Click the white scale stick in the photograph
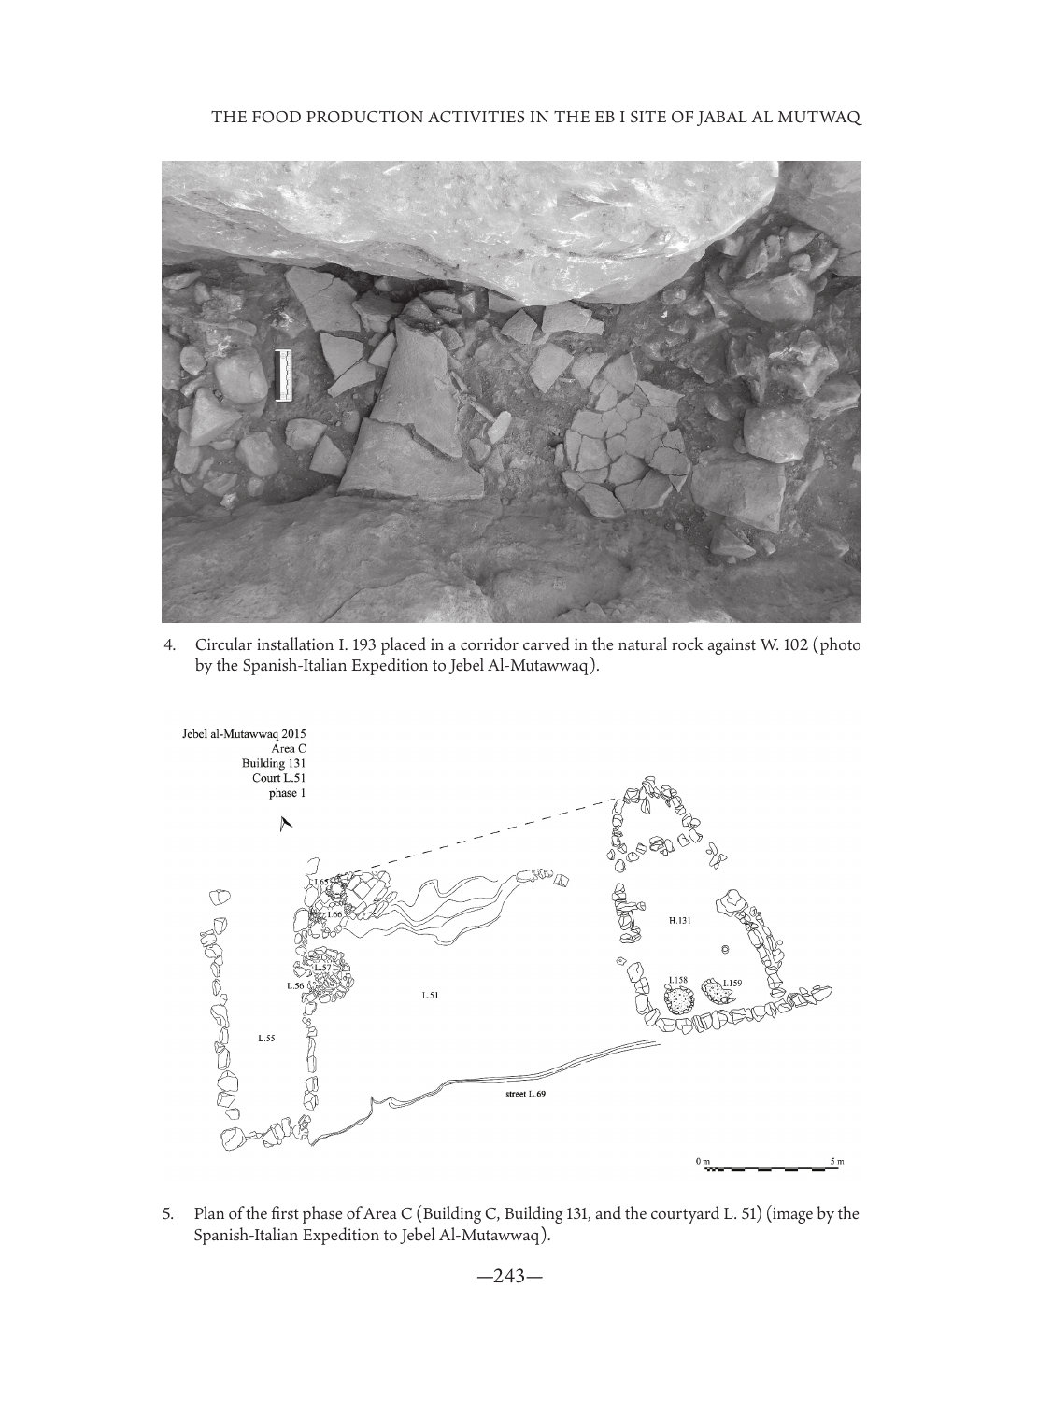284,375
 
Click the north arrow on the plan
285,823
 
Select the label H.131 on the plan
680,920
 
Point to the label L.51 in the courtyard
431,996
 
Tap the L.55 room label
266,1037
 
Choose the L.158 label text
677,980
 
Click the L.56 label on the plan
294,985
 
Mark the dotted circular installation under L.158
677,1000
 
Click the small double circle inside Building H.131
725,949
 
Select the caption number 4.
169,645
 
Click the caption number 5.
169,1215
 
